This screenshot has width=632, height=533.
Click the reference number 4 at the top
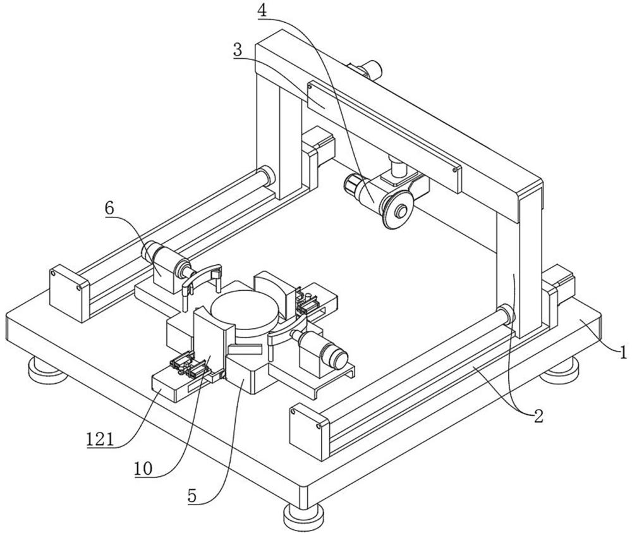(262, 11)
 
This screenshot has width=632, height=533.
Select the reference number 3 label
(238, 50)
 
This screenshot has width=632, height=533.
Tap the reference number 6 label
(109, 209)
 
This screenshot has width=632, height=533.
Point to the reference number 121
(100, 439)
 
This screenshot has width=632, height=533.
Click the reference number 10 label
(143, 469)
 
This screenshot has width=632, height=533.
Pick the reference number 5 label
(192, 496)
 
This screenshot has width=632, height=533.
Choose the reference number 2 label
(539, 415)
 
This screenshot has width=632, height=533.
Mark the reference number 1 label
(623, 352)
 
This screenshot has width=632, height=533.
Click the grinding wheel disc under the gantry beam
(398, 210)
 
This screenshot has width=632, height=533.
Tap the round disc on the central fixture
(244, 309)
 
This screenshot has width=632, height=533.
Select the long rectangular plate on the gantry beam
(384, 137)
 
